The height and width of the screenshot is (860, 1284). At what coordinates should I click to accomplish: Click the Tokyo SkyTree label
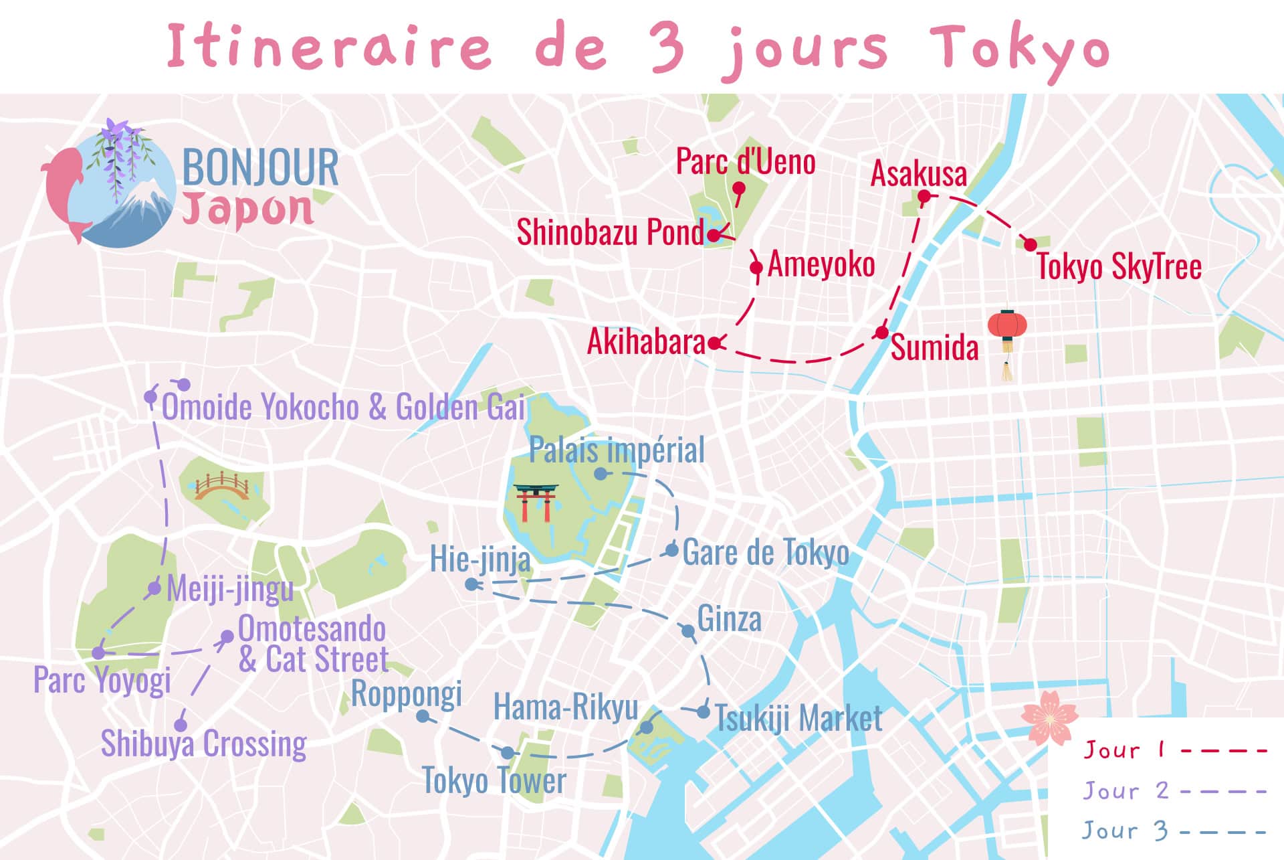coord(1119,267)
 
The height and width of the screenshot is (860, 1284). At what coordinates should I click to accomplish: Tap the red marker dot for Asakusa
coord(924,196)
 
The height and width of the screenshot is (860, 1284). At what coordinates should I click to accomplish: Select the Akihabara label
coord(646,342)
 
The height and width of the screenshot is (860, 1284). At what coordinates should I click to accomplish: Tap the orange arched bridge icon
coord(222,487)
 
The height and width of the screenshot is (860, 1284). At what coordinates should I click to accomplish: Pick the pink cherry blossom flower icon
coord(1049,717)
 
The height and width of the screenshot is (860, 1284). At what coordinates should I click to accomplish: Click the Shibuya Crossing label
coord(203,744)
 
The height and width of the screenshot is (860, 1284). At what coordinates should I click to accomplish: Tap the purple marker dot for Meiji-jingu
coord(154,588)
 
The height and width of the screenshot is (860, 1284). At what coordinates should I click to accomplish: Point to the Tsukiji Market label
coord(798,719)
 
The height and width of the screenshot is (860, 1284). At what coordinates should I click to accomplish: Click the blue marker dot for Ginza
coord(687,630)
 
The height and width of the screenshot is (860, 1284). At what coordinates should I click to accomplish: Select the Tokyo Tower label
coord(494,781)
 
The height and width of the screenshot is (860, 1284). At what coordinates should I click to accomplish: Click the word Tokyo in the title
coord(1019,48)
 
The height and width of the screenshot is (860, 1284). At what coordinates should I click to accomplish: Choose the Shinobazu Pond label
coord(610,233)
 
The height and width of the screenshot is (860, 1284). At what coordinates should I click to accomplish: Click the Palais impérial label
coord(617,450)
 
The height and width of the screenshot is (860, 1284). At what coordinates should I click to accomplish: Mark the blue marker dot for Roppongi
coord(423,716)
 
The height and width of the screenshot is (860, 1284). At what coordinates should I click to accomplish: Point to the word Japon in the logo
coord(247,209)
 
